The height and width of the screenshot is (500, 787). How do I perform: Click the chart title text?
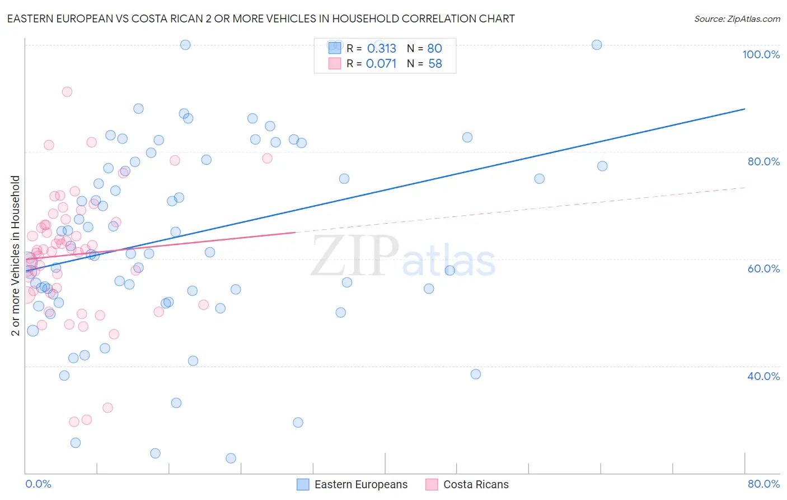(261, 18)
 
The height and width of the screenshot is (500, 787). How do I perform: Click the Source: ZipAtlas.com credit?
(737, 18)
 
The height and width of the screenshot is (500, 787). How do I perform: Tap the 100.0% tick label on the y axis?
(761, 54)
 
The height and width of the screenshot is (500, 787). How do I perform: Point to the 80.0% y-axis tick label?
(763, 161)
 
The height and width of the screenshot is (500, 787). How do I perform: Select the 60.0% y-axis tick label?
(763, 268)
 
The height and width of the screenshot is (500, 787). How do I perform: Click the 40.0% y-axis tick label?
(763, 376)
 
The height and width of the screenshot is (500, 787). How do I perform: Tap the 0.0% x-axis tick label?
(38, 484)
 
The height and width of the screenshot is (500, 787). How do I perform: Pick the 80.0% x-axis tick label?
(763, 484)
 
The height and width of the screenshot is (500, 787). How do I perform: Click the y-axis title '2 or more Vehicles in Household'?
(16, 256)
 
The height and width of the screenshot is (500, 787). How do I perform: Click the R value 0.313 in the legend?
(382, 49)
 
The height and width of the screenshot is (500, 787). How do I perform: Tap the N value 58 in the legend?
(435, 64)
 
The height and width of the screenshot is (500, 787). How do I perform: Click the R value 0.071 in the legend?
(381, 64)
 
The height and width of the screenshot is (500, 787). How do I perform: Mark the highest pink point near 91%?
(67, 92)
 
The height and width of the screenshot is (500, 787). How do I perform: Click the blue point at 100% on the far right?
(597, 45)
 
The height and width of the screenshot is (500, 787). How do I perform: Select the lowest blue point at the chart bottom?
(231, 459)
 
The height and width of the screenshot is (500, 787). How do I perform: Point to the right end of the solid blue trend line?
(744, 109)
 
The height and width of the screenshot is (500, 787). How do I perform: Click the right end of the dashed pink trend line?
(744, 187)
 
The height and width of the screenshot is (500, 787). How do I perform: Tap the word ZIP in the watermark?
(355, 256)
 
